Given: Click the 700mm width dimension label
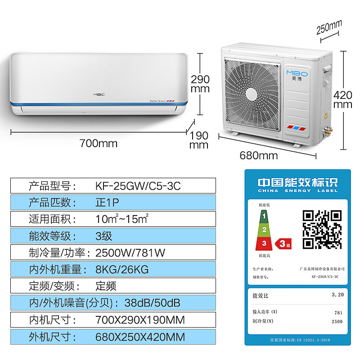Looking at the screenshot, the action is coord(98,144).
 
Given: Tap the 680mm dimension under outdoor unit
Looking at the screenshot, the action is coord(259,156).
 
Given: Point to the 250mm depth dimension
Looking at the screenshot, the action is coord(329,28).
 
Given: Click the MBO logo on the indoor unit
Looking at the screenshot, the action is coord(99,94).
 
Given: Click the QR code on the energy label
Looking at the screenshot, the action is coord(321,229).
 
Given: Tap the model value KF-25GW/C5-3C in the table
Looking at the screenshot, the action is coord(138,186).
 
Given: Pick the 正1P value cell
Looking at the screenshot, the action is coord(107,202).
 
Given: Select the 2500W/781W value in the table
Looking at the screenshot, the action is coord(130,252).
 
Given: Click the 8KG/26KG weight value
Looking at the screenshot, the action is coord(121,269).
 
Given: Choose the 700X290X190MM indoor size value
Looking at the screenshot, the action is coord(140,320).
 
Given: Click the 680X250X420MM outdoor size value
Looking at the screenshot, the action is coord(140,337).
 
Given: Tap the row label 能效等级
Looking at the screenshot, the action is coord(49,235).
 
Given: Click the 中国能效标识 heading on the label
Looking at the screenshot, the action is coord(297,183).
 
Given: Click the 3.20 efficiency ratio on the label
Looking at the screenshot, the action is coord(337,295).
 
